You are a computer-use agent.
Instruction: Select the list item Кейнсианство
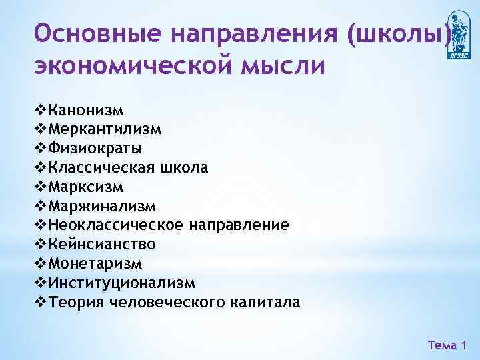click(102, 245)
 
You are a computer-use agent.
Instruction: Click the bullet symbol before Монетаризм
click(39, 264)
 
